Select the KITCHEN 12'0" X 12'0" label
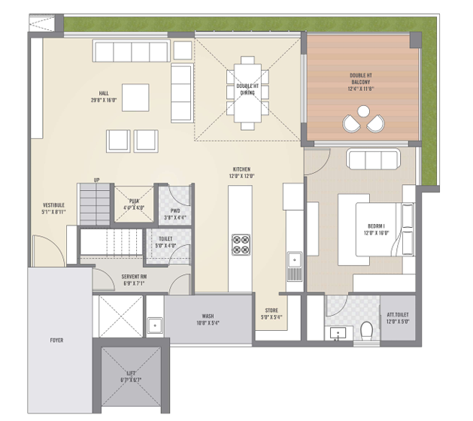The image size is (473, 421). click(x=241, y=173)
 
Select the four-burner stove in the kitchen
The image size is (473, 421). click(x=241, y=244)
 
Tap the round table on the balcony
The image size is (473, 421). click(x=363, y=111)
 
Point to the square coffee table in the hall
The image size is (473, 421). click(x=135, y=96)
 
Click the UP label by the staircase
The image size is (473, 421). click(x=96, y=180)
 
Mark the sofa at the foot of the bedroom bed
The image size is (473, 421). click(x=372, y=160)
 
